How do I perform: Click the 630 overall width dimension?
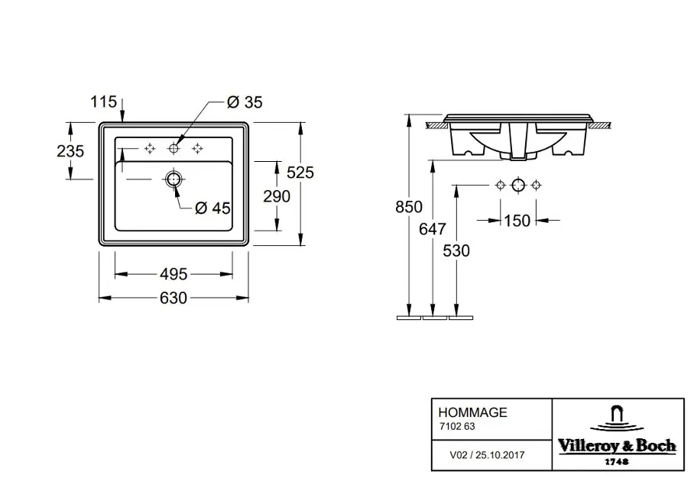point(173,298)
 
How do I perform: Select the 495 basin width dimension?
point(173,274)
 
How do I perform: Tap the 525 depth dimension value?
point(300,173)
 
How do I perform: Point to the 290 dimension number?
point(277,196)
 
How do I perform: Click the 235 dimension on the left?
point(70,151)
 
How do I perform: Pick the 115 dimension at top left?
point(104,102)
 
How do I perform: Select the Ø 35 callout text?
point(245,102)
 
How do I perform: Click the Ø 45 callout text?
point(213,208)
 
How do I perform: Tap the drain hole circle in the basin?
point(173,179)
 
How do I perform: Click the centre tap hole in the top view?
point(173,149)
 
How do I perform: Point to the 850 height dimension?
point(408,207)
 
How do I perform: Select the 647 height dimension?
point(433,229)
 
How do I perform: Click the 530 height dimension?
point(456,251)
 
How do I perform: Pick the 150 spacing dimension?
point(517,221)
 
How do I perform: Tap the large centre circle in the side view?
point(518,185)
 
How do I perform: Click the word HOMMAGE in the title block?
point(472,412)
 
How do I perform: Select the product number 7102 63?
point(457,427)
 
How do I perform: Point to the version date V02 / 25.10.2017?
point(487,455)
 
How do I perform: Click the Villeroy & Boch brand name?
point(617,446)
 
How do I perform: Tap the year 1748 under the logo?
point(617,462)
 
